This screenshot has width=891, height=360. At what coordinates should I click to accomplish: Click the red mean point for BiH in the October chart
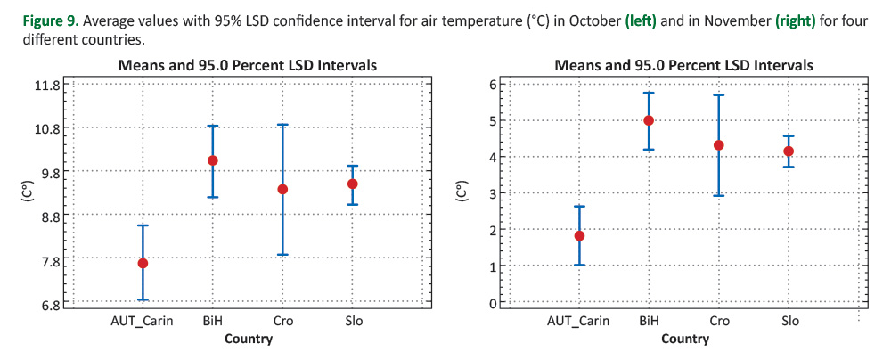(212, 160)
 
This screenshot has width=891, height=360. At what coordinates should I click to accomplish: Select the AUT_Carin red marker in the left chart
(143, 263)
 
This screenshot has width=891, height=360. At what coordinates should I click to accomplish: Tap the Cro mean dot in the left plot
(282, 189)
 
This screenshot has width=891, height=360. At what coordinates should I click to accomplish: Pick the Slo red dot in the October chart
(353, 184)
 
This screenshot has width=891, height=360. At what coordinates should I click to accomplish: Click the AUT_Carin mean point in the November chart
(579, 236)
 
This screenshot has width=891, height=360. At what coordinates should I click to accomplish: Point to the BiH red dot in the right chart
(649, 120)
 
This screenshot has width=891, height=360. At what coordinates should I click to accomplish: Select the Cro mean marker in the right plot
(719, 145)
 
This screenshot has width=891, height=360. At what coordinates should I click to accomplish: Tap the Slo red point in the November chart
(789, 151)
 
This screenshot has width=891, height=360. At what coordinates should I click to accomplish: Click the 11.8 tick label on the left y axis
(45, 86)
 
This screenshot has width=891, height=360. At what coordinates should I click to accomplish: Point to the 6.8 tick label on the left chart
(48, 305)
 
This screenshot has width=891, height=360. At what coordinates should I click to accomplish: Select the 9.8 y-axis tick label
(48, 172)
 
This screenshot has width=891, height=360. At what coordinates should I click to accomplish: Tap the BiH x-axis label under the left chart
(212, 321)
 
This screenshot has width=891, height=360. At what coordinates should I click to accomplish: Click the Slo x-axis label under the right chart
(789, 321)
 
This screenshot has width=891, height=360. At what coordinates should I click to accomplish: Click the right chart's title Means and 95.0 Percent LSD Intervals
(683, 65)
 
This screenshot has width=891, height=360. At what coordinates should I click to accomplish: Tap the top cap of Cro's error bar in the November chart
(719, 95)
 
